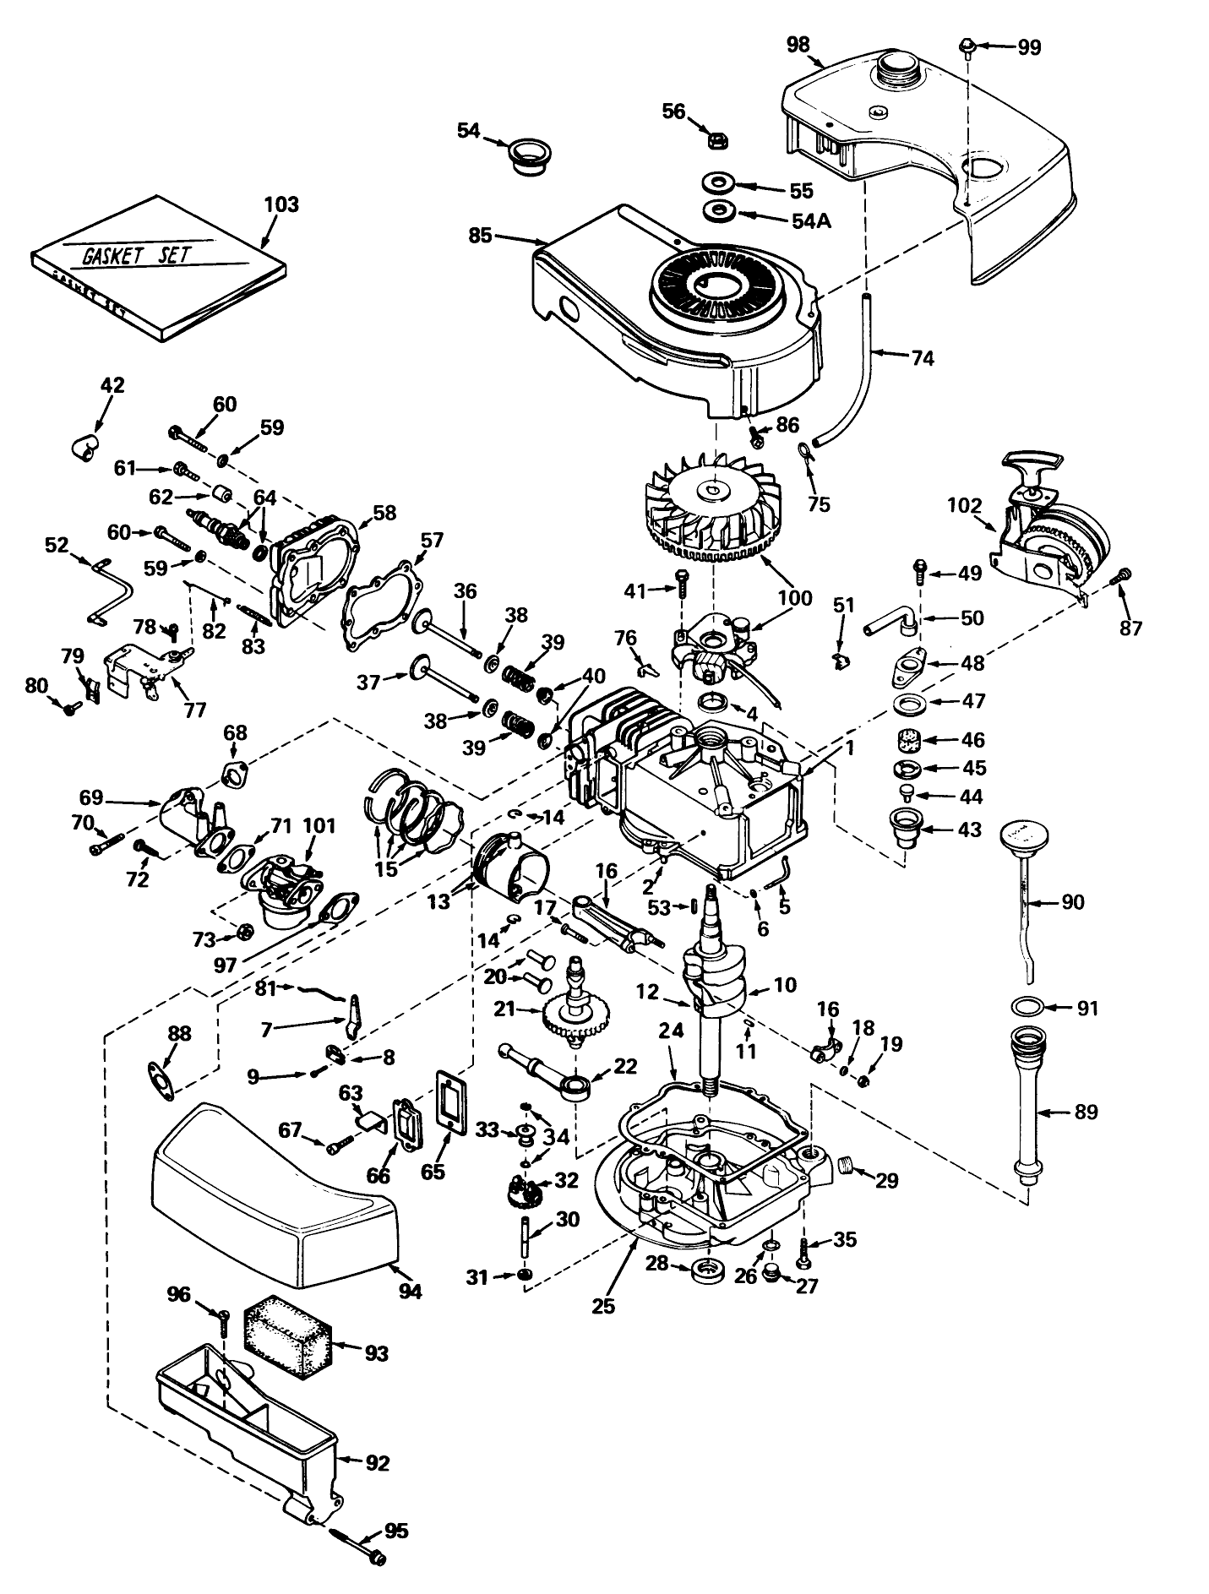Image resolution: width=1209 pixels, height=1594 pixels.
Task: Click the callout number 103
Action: pos(281,204)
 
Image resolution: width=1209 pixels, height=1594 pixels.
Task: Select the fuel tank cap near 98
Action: pos(899,70)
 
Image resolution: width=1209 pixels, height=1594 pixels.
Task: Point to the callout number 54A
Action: pos(811,221)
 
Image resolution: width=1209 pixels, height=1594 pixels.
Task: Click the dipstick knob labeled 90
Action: pos(1024,835)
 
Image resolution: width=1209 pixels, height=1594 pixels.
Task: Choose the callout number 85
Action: pos(480,236)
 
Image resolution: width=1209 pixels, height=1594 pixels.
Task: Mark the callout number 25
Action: pos(603,1305)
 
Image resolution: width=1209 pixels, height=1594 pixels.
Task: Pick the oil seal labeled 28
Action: pos(708,1270)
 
